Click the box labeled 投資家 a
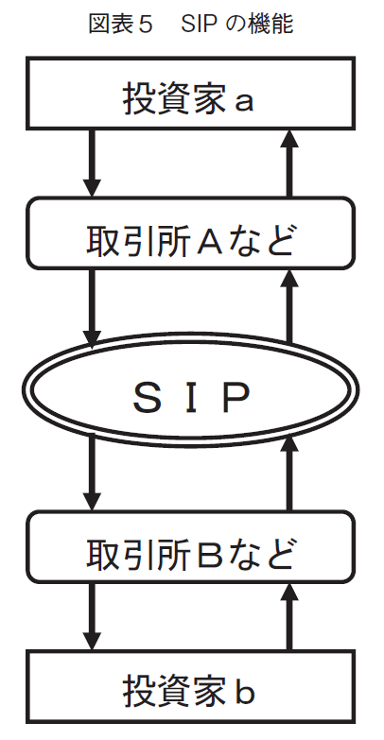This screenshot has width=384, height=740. click(x=190, y=93)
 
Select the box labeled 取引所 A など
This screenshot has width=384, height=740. click(x=190, y=233)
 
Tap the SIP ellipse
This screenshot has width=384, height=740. click(x=190, y=389)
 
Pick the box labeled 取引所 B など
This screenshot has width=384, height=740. click(x=190, y=546)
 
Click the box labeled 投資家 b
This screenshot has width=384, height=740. click(x=190, y=687)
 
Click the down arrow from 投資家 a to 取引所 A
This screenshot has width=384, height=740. click(x=92, y=163)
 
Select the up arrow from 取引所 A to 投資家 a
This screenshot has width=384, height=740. click(x=289, y=163)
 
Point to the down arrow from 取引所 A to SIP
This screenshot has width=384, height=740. click(x=92, y=308)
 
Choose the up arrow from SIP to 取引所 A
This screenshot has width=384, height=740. click(x=289, y=307)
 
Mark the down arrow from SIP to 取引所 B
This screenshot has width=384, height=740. click(x=92, y=473)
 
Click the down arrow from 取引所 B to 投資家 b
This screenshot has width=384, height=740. click(x=92, y=617)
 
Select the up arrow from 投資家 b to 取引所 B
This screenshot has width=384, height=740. click(x=289, y=617)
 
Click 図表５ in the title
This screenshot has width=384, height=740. click(x=121, y=25)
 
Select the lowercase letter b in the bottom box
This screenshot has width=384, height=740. click(x=245, y=691)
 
